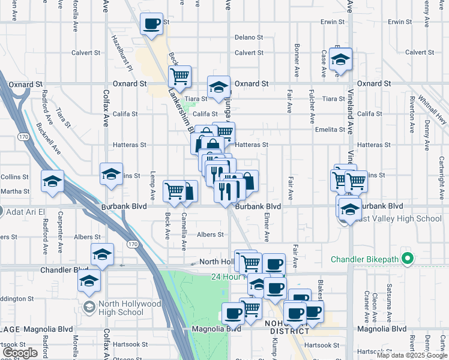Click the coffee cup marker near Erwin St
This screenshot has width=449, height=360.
(x=151, y=25)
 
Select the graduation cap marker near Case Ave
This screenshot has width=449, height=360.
(x=340, y=59)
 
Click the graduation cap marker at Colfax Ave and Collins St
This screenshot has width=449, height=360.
(x=111, y=174)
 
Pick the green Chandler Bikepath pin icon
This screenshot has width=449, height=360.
(x=408, y=259)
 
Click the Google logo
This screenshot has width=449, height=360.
(x=20, y=353)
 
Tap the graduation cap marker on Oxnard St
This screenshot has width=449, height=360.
(x=218, y=87)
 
